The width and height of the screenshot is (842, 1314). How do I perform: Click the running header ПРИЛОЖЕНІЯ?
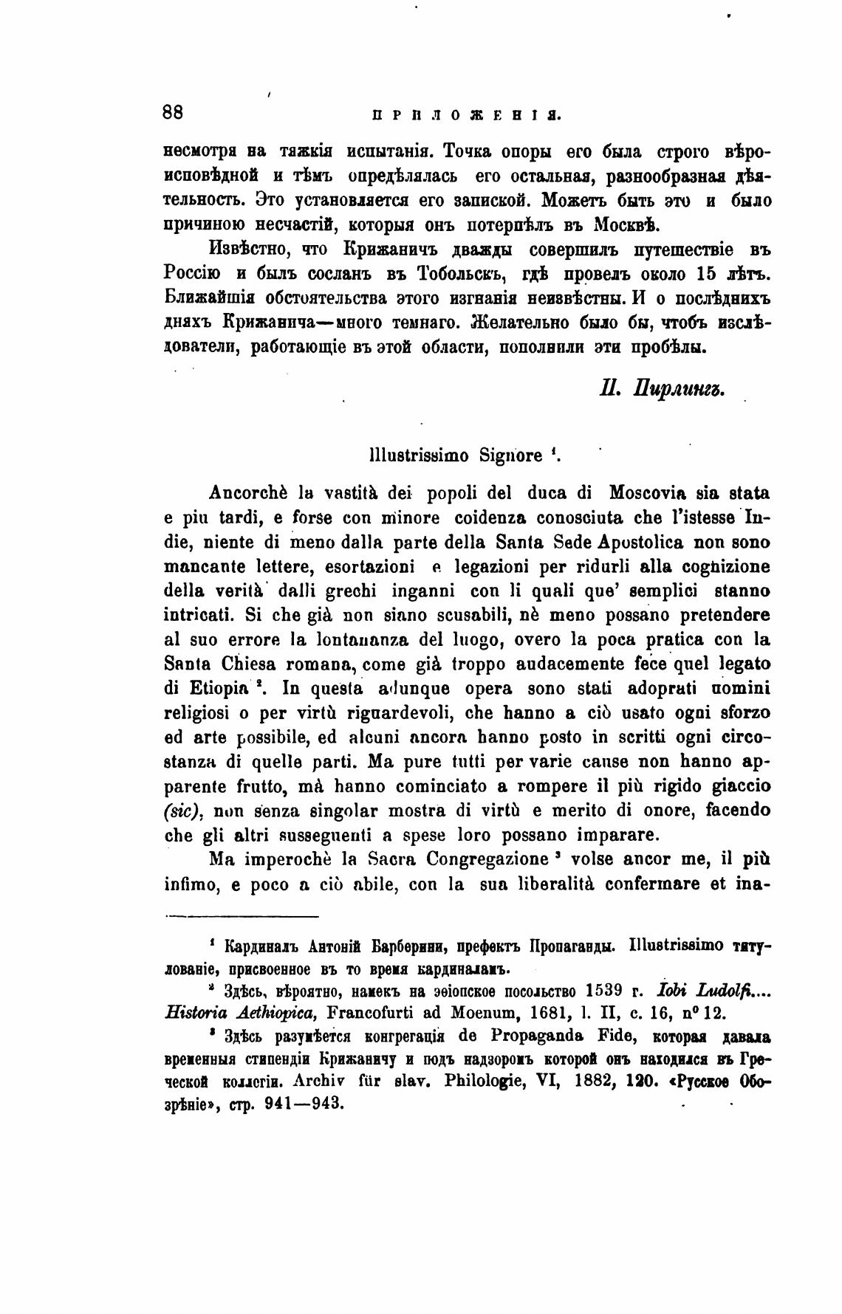coord(466,115)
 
